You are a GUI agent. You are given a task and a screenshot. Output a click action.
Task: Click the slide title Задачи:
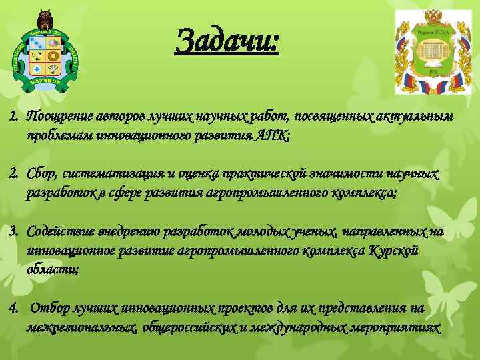pyautogui.click(x=226, y=41)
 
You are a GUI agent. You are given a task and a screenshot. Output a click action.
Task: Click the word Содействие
pyautogui.click(x=59, y=231)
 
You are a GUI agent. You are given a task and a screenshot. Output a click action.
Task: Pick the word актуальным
pyautogui.click(x=420, y=117)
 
